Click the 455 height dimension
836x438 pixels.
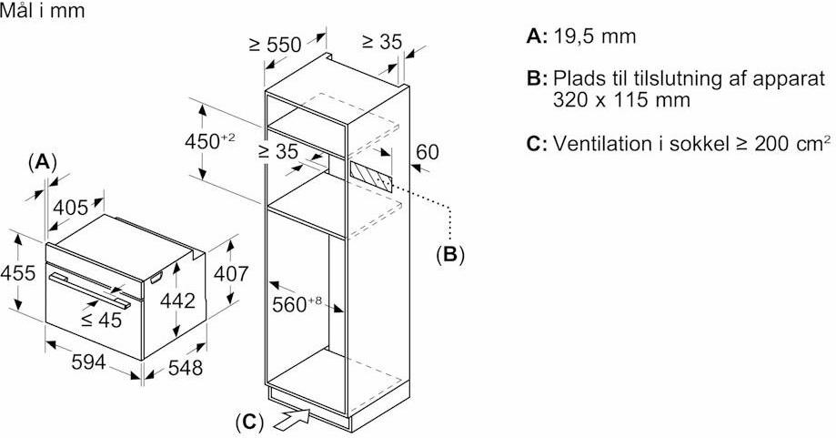pyautogui.click(x=17, y=273)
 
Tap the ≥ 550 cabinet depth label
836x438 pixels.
pyautogui.click(x=275, y=45)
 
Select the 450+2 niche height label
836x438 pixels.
pyautogui.click(x=210, y=141)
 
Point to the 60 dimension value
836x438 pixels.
pyautogui.click(x=428, y=152)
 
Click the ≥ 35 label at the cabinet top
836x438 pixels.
pyautogui.click(x=381, y=41)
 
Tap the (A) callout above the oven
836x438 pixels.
pyautogui.click(x=42, y=162)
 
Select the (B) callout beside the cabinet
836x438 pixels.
pyautogui.click(x=448, y=255)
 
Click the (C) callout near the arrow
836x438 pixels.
pyautogui.click(x=249, y=422)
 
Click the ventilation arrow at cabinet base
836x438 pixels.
pyautogui.click(x=292, y=419)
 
